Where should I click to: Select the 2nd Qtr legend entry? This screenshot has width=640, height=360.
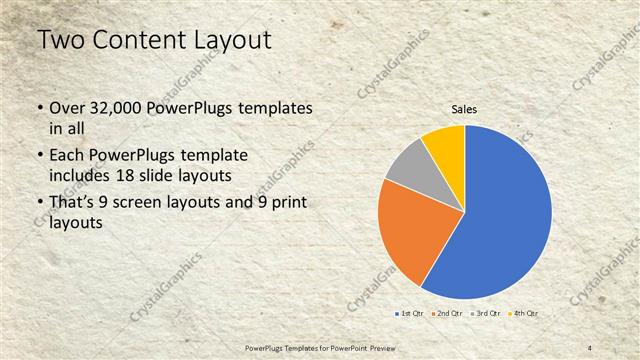pyautogui.click(x=447, y=313)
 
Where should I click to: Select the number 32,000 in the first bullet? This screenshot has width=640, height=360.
pyautogui.click(x=116, y=107)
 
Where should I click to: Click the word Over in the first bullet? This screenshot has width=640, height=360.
pyautogui.click(x=66, y=107)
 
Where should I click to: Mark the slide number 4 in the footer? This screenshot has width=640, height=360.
pyautogui.click(x=590, y=346)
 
